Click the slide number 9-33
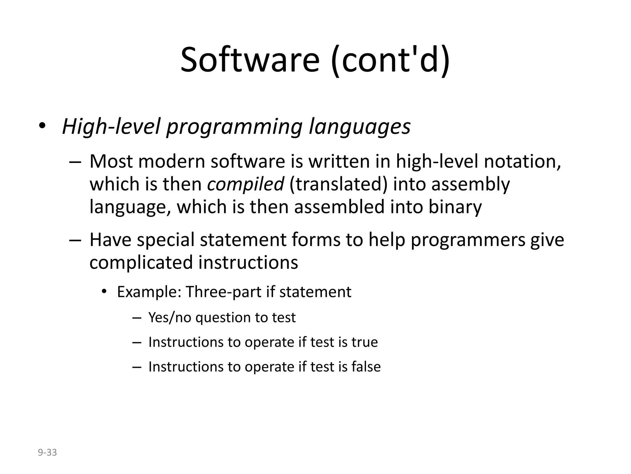click(47, 452)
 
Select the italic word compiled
click(246, 184)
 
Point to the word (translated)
click(338, 184)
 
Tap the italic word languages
click(360, 127)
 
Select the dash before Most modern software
click(75, 162)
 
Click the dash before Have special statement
click(75, 240)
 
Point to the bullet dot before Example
click(104, 291)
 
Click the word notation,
click(522, 161)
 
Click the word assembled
click(339, 207)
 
